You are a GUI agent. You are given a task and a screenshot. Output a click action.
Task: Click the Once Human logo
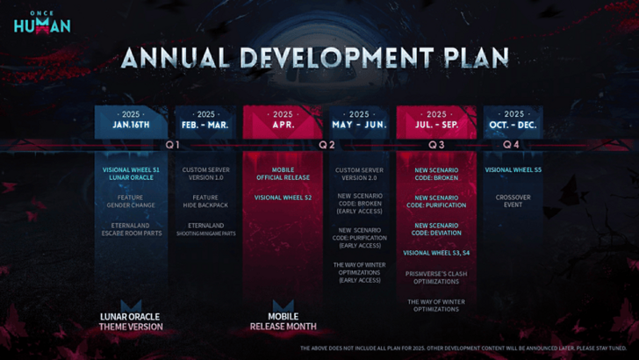point(41,21)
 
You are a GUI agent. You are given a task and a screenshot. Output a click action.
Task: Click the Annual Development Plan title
point(314,57)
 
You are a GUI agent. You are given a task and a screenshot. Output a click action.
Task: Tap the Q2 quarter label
point(327,144)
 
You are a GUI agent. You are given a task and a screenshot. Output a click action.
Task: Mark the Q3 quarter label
point(436,144)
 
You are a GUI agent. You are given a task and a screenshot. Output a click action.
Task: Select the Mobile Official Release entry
point(283,173)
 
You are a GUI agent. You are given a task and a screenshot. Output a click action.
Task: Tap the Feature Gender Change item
point(129,202)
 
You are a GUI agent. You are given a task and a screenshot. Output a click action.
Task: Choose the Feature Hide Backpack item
point(206,202)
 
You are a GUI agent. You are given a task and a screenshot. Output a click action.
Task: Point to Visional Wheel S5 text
point(513,169)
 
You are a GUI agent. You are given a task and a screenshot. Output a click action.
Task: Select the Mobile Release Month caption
point(283,321)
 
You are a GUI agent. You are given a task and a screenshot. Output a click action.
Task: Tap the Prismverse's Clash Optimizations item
point(436,277)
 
